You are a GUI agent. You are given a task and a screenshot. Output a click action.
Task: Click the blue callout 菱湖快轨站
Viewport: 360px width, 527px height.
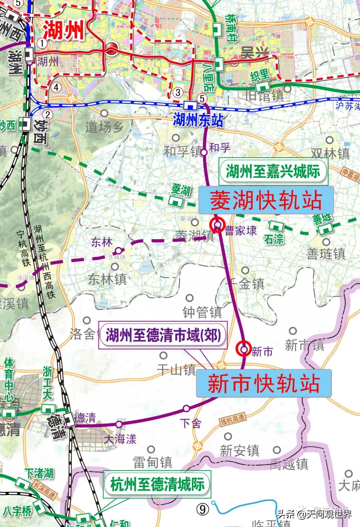click(x=266, y=200)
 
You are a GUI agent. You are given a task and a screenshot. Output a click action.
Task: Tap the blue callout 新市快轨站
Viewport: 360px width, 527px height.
click(x=263, y=383)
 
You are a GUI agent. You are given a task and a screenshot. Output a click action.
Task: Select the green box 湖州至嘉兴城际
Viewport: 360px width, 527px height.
click(x=273, y=171)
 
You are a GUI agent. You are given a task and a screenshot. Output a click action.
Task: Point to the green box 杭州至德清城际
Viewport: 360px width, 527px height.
click(x=157, y=484)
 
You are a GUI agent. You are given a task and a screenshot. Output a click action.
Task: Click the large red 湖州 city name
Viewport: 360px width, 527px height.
click(x=63, y=30)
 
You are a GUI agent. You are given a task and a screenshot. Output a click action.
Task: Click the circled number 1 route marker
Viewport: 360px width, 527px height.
click(x=42, y=43)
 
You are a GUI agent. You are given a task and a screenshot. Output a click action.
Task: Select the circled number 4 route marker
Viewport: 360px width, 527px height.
click(x=56, y=87)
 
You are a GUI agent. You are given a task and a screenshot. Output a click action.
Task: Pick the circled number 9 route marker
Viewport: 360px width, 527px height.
click(x=203, y=509)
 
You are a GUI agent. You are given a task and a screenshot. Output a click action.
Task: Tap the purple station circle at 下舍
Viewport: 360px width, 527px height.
click(x=186, y=408)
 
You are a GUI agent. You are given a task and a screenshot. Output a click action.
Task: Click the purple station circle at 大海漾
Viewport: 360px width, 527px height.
click(x=119, y=424)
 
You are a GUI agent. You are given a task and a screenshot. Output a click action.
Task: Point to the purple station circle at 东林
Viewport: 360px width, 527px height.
click(x=118, y=251)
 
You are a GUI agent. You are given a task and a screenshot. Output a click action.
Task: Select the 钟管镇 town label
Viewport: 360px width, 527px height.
click(x=202, y=312)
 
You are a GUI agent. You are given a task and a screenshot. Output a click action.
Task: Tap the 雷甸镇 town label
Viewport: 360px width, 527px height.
click(x=153, y=462)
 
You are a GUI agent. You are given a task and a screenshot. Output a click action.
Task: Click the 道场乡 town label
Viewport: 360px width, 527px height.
click(x=104, y=127)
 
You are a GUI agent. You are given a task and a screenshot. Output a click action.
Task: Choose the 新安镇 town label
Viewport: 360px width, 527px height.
click(x=239, y=451)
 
